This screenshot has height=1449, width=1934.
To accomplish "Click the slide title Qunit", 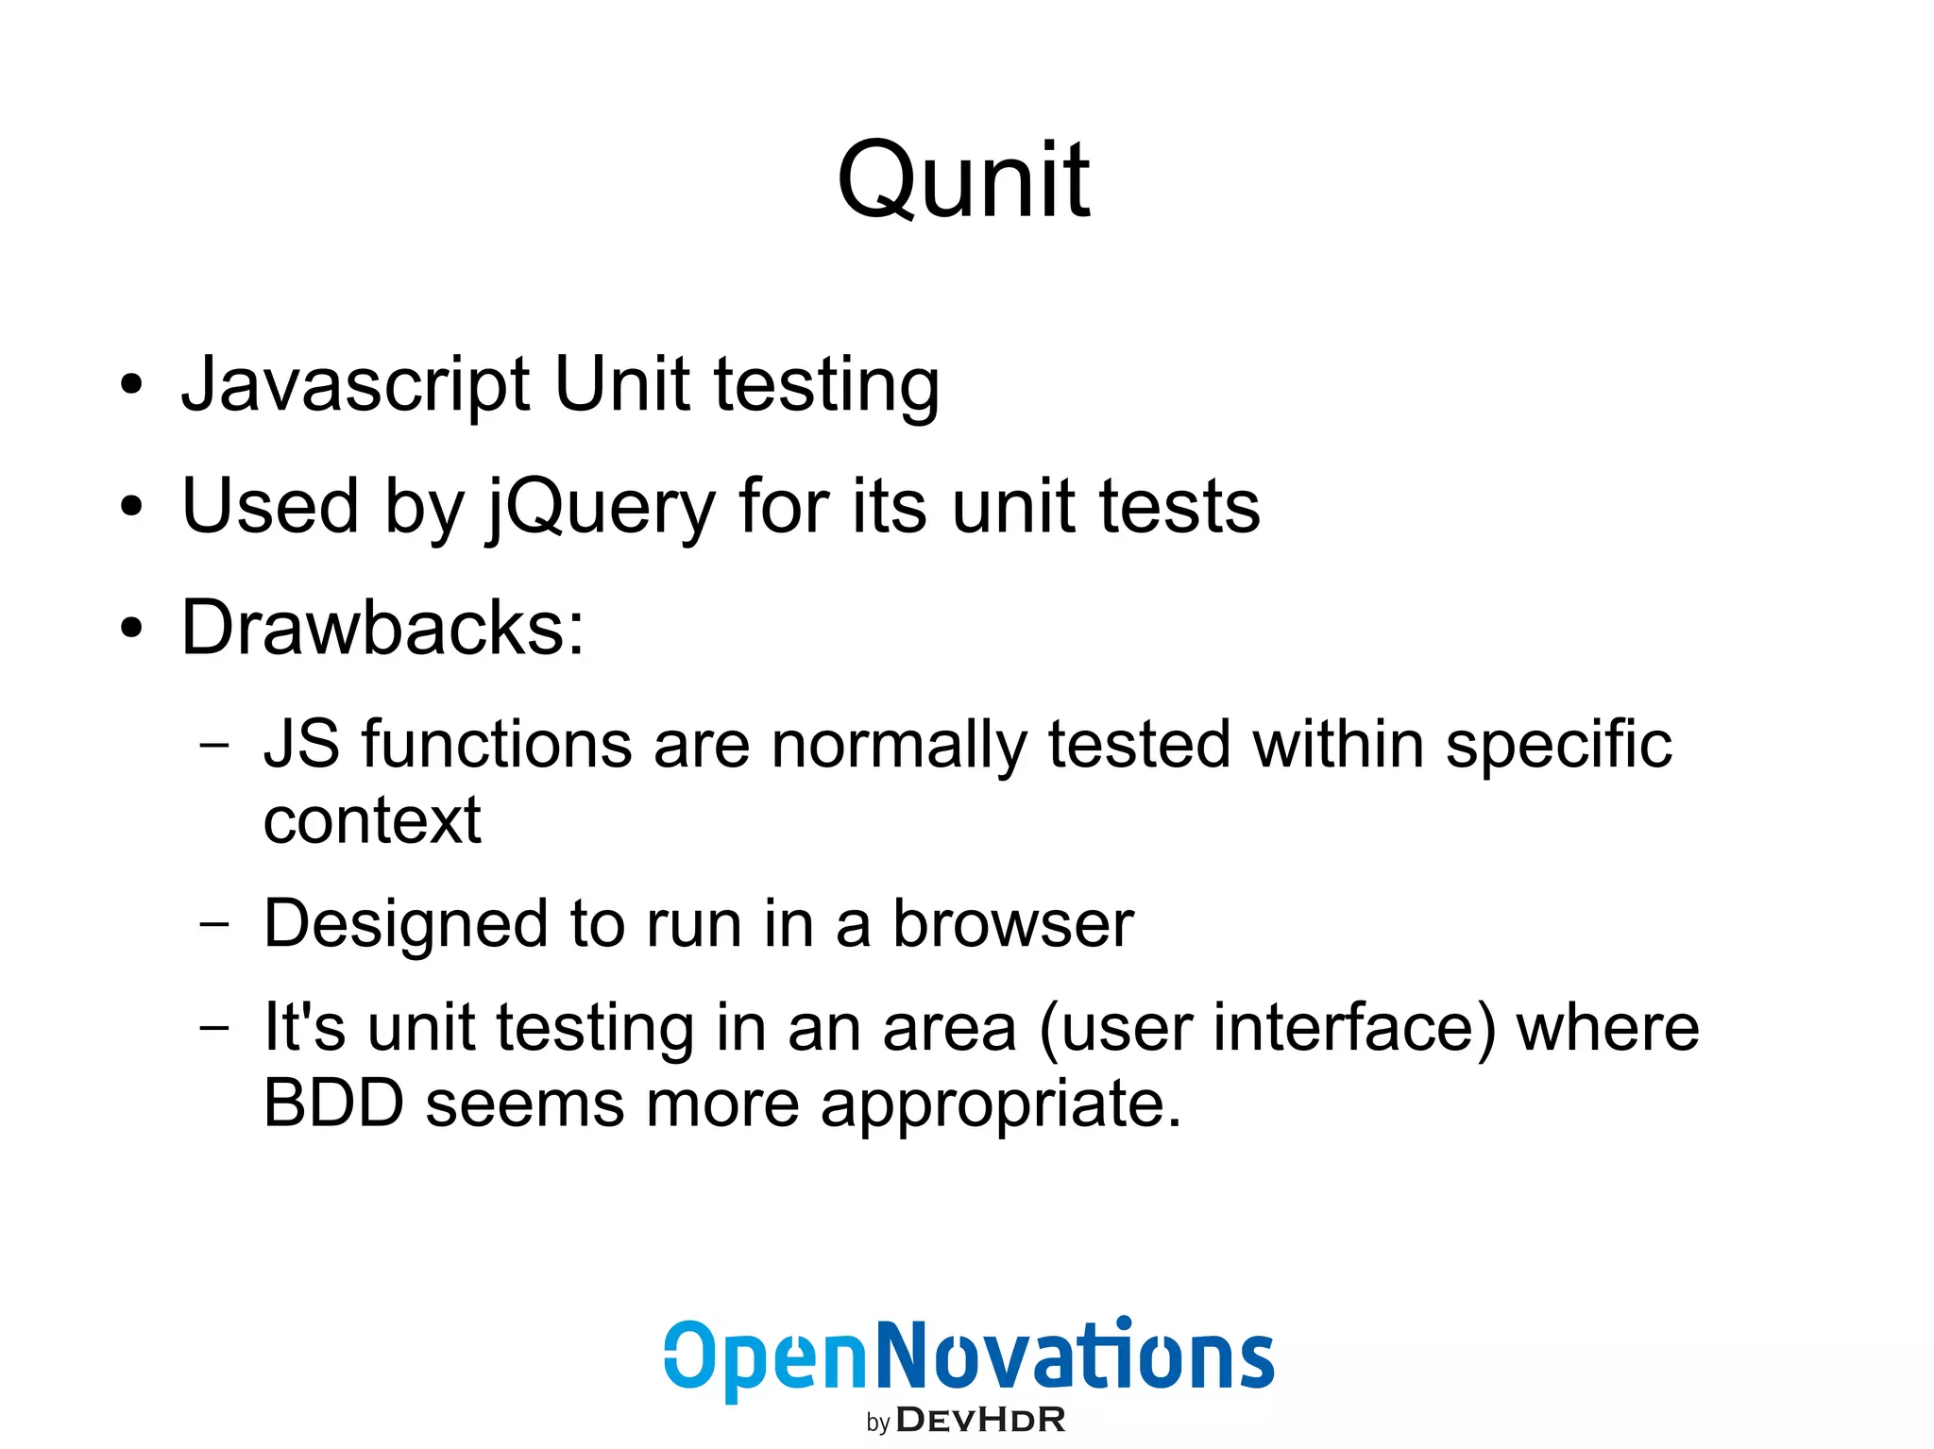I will click(x=963, y=180).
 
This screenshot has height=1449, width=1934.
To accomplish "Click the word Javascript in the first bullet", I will click(x=355, y=385).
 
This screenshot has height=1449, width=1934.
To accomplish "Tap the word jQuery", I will click(x=601, y=508).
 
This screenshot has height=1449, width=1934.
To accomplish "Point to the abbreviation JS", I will click(x=301, y=745).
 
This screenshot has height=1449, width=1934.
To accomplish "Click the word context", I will click(x=372, y=820).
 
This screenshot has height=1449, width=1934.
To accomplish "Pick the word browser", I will click(x=1013, y=924).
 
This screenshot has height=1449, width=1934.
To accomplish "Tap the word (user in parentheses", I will click(x=1115, y=1028).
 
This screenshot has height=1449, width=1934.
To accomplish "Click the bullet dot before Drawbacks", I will click(x=131, y=628).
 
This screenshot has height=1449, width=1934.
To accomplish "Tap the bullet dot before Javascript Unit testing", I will click(x=131, y=384).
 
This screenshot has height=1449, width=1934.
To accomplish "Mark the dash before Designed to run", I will click(x=214, y=924).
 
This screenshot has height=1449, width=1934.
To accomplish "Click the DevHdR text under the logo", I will click(x=980, y=1420).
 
